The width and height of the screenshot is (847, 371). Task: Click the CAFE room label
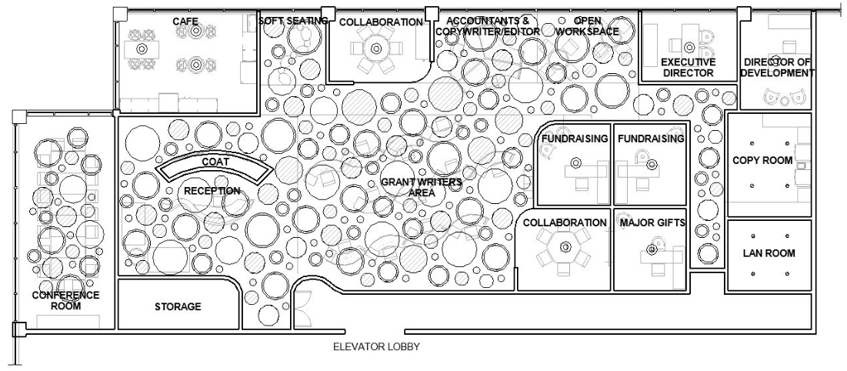[181, 22]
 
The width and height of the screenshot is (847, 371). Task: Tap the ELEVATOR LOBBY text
[376, 347]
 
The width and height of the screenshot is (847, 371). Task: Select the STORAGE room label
[178, 307]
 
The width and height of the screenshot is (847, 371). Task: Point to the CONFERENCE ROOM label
[66, 300]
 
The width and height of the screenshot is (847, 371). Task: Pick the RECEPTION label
[212, 191]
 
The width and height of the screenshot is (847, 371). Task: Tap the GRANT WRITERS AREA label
[421, 188]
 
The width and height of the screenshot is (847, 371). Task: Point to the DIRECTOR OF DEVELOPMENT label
[778, 68]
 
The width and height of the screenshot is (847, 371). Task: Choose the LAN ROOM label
[769, 253]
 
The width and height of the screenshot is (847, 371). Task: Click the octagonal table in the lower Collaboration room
[565, 247]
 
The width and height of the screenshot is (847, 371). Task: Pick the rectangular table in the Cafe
[142, 48]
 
